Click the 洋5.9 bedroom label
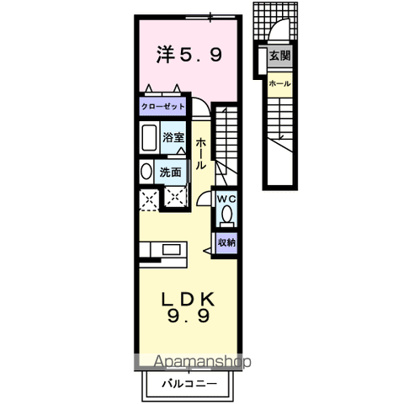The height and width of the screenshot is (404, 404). pos(189,56)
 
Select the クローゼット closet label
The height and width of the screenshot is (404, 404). pos(162,108)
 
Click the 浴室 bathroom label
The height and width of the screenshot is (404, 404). pos(173,136)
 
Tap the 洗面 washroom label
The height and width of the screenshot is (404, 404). pos(172,172)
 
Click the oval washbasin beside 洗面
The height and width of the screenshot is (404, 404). pos(146,173)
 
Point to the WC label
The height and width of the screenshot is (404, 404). pos(226,199)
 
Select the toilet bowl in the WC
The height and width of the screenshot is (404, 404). pos(226,215)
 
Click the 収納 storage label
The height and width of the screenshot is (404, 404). pos(226,242)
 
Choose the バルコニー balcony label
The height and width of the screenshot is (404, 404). pos(189,383)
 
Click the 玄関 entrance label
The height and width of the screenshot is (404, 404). pos(279,56)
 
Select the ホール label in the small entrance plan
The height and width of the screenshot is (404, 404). pos(279,83)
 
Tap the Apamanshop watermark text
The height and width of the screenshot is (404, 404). pos(202,363)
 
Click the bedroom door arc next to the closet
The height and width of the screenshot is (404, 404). pos(203,108)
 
